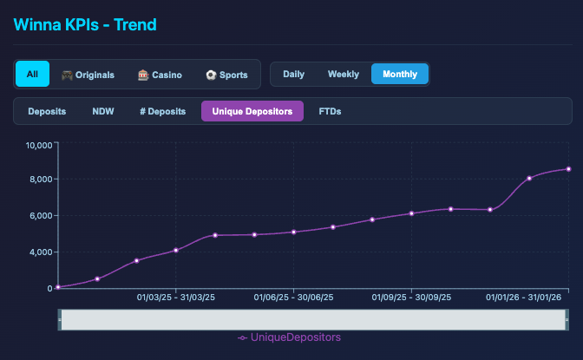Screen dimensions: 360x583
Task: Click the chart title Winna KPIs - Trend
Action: click(84, 23)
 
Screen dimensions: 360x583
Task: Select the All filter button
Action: click(32, 75)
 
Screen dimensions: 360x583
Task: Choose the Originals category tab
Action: click(87, 75)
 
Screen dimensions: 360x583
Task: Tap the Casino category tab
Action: click(160, 75)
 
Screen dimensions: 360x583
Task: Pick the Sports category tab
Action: click(226, 75)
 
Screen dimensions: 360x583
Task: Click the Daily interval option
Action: click(293, 74)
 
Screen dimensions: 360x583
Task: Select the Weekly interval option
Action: click(343, 74)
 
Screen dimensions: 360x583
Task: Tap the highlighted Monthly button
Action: click(399, 74)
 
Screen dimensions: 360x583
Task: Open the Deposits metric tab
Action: click(47, 111)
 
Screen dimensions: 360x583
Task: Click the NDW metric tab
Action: click(102, 111)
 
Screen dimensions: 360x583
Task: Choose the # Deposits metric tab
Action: click(162, 111)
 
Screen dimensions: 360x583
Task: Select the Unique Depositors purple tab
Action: click(252, 111)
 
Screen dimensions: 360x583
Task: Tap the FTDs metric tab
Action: click(330, 111)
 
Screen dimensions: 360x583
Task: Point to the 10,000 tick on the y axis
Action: click(39, 144)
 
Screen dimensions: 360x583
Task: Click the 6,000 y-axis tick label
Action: click(41, 216)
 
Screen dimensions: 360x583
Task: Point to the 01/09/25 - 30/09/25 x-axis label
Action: click(410, 298)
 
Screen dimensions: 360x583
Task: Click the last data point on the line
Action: click(568, 169)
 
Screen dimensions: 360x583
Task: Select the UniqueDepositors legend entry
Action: click(289, 337)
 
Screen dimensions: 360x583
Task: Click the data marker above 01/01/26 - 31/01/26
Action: click(529, 178)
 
